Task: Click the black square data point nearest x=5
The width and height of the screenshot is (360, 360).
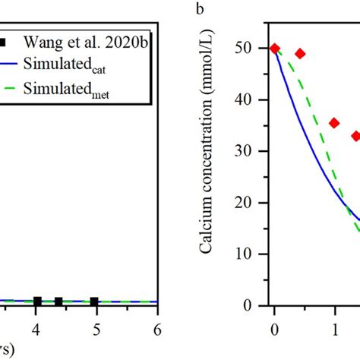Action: pos(94,302)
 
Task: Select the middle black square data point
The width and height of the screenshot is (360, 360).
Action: pos(58,302)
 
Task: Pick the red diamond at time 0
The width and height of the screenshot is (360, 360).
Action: pos(275,49)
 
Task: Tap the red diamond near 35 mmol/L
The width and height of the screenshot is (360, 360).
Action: pos(334,123)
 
